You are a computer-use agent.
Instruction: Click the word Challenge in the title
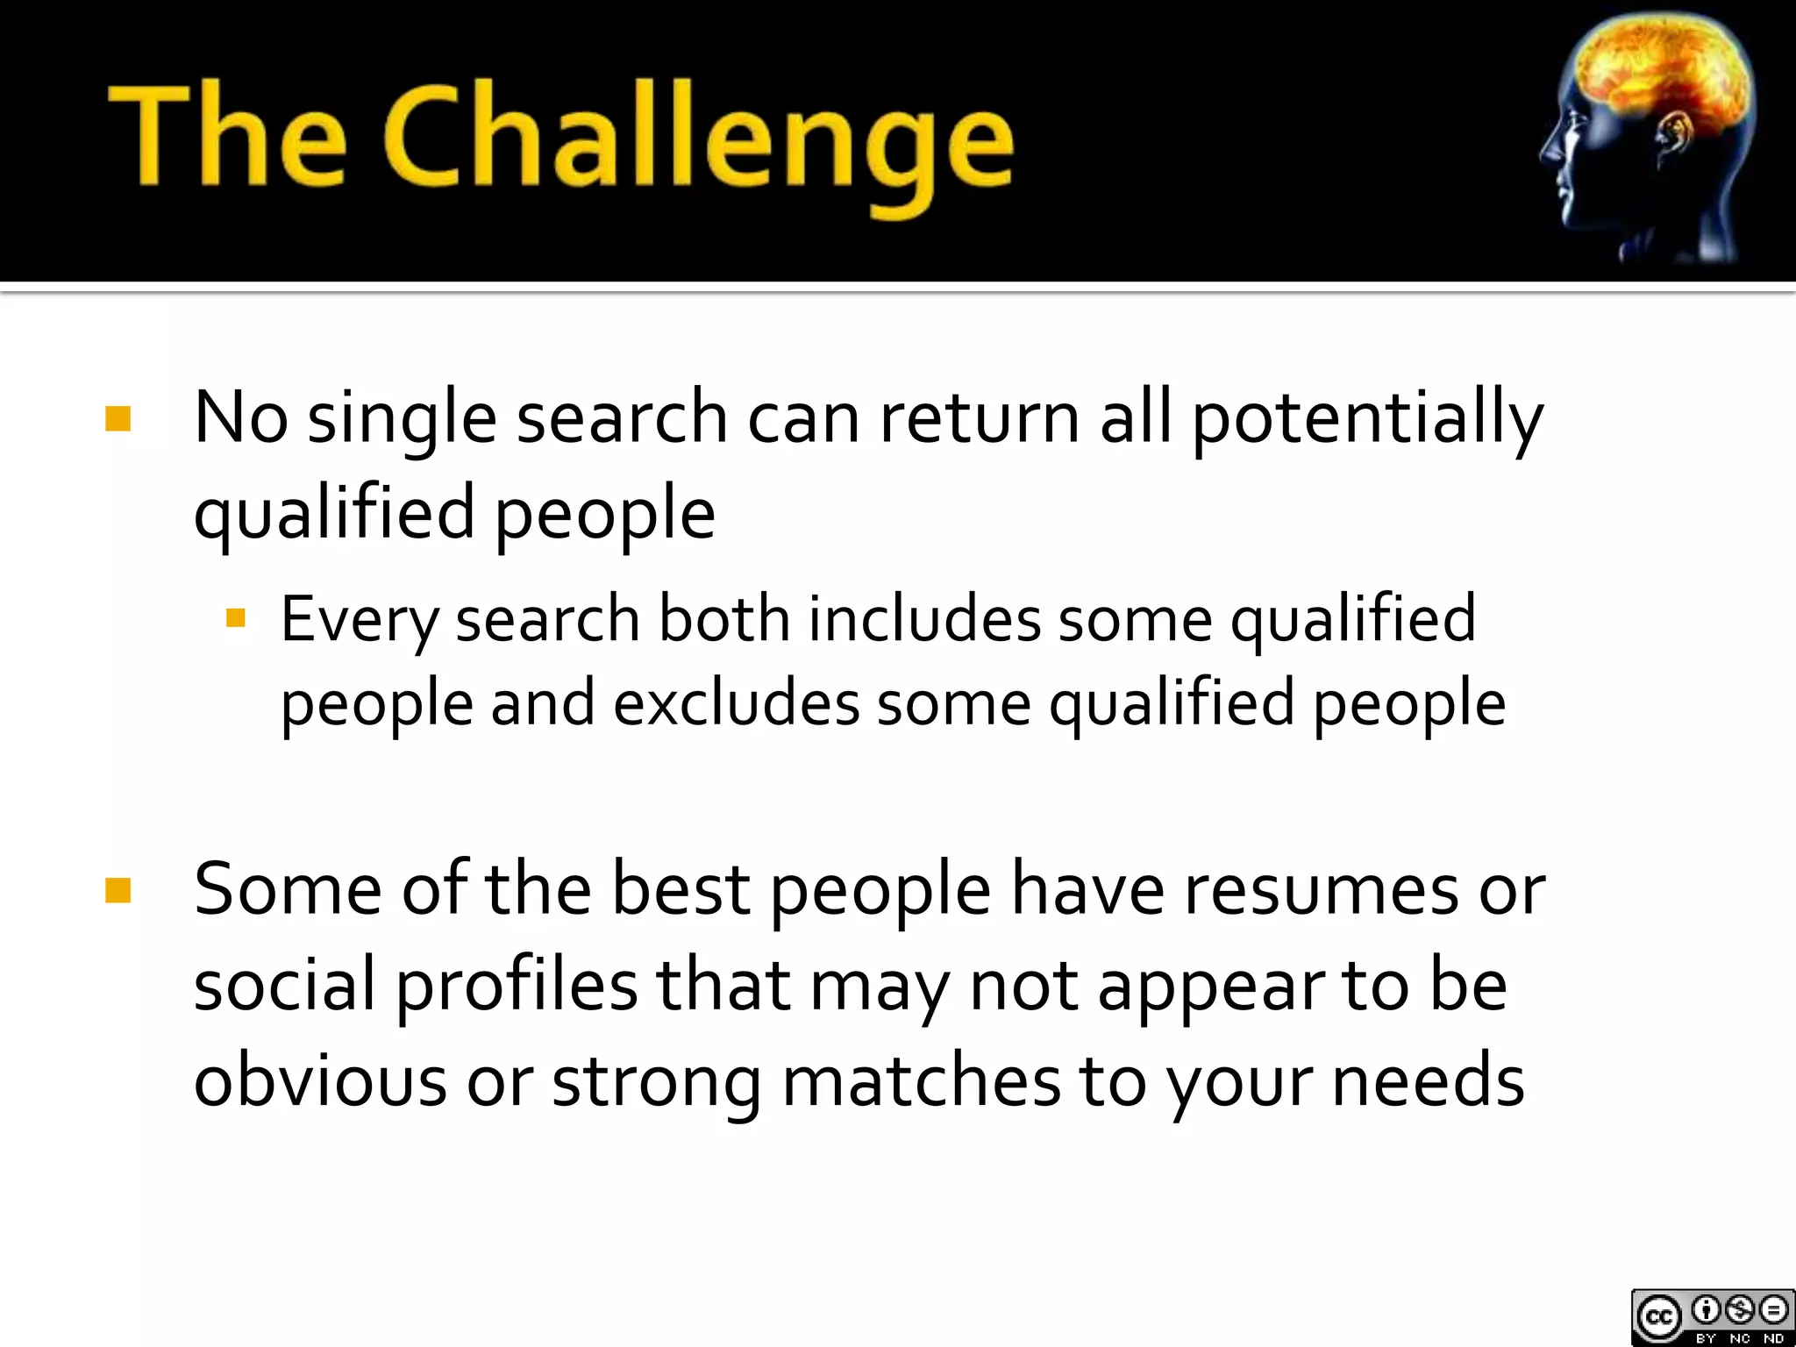coord(697,140)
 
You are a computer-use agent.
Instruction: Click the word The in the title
coord(226,136)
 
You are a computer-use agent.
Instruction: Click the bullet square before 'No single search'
coord(118,418)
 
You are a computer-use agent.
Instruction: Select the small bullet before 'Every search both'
coord(235,619)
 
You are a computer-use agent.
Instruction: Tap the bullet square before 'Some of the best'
coord(118,890)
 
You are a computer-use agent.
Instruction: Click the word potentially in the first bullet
coord(1366,419)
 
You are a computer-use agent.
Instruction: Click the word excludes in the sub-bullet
coord(736,703)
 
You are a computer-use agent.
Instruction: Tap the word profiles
coord(517,986)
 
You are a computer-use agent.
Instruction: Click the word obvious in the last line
coord(320,1080)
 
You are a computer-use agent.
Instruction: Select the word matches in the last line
coord(920,1080)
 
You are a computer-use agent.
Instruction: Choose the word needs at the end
coord(1428,1080)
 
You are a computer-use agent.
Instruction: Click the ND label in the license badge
coord(1773,1338)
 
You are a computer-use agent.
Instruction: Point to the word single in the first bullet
coord(402,419)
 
